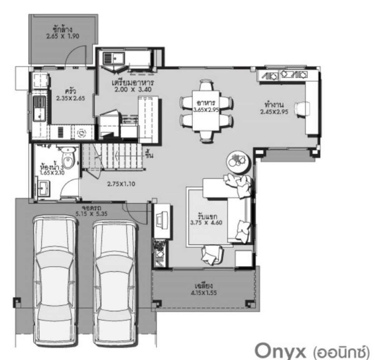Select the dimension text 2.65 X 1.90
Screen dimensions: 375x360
63,36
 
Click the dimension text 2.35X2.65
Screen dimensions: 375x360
71,98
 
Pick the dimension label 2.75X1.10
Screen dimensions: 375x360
121,184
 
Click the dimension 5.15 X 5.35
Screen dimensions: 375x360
92,214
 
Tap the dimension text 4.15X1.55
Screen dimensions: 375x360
204,293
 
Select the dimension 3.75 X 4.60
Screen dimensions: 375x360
206,222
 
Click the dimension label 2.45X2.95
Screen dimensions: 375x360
274,112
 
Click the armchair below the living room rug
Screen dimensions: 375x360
212,255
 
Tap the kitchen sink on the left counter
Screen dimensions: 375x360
39,108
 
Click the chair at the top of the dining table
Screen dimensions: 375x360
207,86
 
